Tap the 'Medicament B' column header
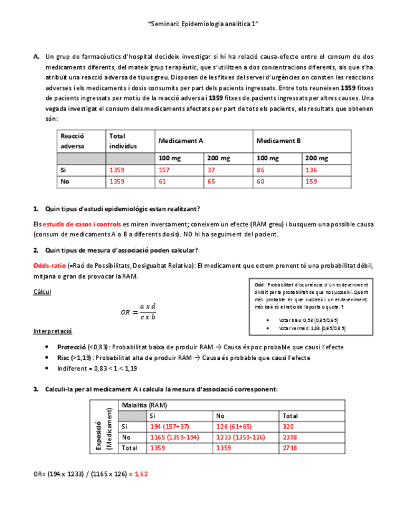(x=278, y=141)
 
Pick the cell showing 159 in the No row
(x=311, y=182)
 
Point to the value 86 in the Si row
(x=261, y=170)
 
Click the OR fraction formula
(x=138, y=312)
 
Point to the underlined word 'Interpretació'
(x=53, y=332)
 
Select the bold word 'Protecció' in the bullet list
(x=71, y=347)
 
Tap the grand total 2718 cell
(x=290, y=448)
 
